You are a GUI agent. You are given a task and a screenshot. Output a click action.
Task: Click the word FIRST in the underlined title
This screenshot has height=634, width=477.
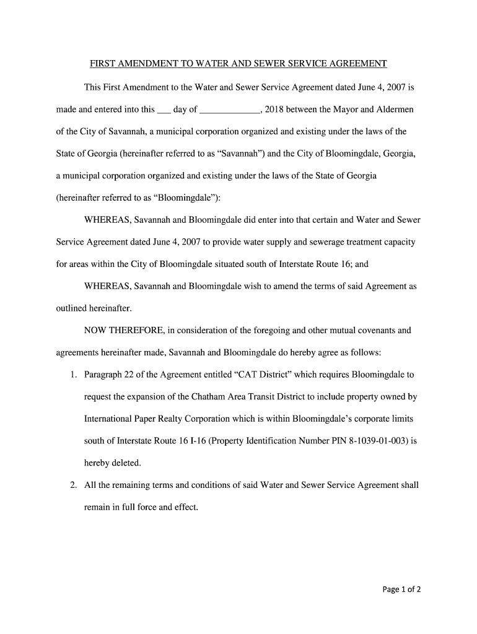103,64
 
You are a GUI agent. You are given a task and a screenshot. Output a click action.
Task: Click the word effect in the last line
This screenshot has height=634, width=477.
184,508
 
